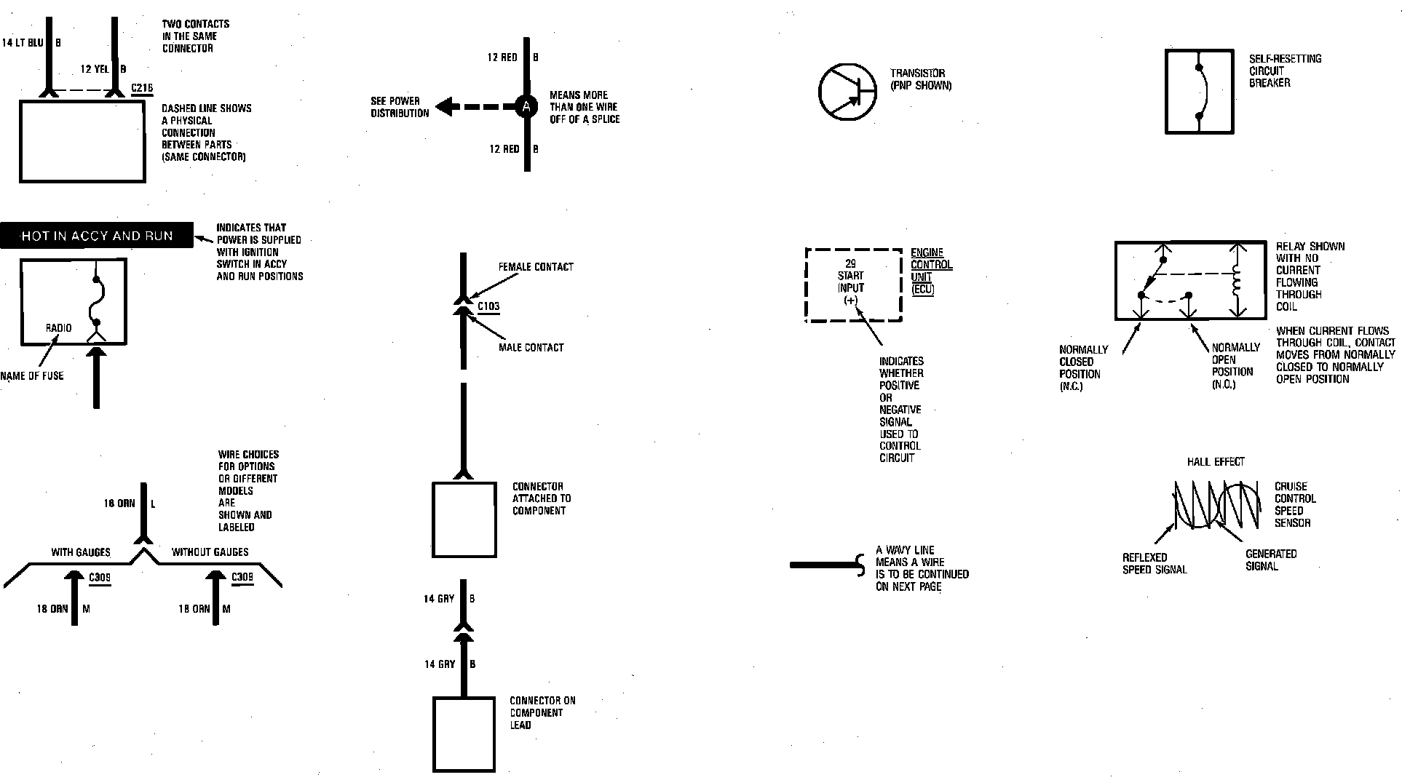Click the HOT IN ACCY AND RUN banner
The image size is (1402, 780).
click(97, 236)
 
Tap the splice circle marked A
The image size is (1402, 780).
click(526, 107)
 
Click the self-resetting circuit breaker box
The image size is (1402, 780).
click(1199, 92)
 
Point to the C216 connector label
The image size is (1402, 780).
click(142, 89)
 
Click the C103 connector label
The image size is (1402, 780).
click(488, 306)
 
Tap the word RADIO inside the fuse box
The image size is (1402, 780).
click(59, 328)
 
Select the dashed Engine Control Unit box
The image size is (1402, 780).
click(853, 284)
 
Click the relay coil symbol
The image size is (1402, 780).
click(1235, 281)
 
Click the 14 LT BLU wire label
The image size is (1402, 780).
click(23, 43)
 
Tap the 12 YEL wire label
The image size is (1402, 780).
click(95, 69)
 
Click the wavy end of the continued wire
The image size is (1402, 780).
click(860, 565)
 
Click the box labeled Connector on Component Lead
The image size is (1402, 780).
click(464, 734)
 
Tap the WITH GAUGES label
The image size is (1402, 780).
click(81, 552)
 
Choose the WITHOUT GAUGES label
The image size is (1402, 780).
click(210, 552)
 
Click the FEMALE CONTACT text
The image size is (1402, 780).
click(536, 267)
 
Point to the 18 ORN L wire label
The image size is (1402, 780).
click(119, 504)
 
